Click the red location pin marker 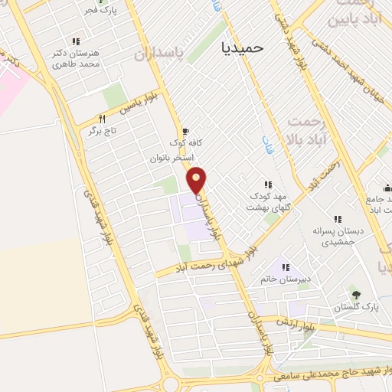198,180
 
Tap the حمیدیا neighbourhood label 240,47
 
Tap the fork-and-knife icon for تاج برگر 101,119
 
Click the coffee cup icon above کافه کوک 185,131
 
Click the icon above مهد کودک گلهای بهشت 268,185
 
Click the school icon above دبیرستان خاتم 285,267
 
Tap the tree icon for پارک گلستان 354,294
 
